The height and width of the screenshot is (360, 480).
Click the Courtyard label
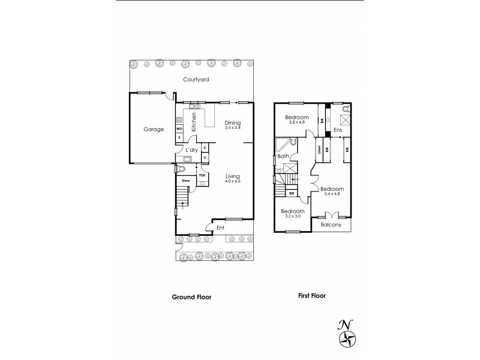(x=196, y=79)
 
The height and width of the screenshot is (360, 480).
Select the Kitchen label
(x=194, y=122)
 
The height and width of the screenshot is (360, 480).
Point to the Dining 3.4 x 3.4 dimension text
(x=232, y=128)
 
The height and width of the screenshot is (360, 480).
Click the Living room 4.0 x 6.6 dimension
(x=232, y=181)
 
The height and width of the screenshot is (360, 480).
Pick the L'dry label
(x=191, y=149)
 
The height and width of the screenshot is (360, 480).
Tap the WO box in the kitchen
(x=179, y=128)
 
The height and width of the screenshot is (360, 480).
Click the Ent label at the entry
(x=220, y=227)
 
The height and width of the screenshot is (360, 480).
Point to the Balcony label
(x=331, y=225)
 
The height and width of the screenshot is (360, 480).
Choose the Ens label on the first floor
(x=338, y=130)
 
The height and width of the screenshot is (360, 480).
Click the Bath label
(x=284, y=157)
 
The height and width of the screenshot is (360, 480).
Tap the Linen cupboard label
(x=320, y=149)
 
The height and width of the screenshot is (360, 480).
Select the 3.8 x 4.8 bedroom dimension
(x=297, y=122)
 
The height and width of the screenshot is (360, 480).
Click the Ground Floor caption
(x=191, y=297)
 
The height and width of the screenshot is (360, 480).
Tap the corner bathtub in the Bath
(x=284, y=145)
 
